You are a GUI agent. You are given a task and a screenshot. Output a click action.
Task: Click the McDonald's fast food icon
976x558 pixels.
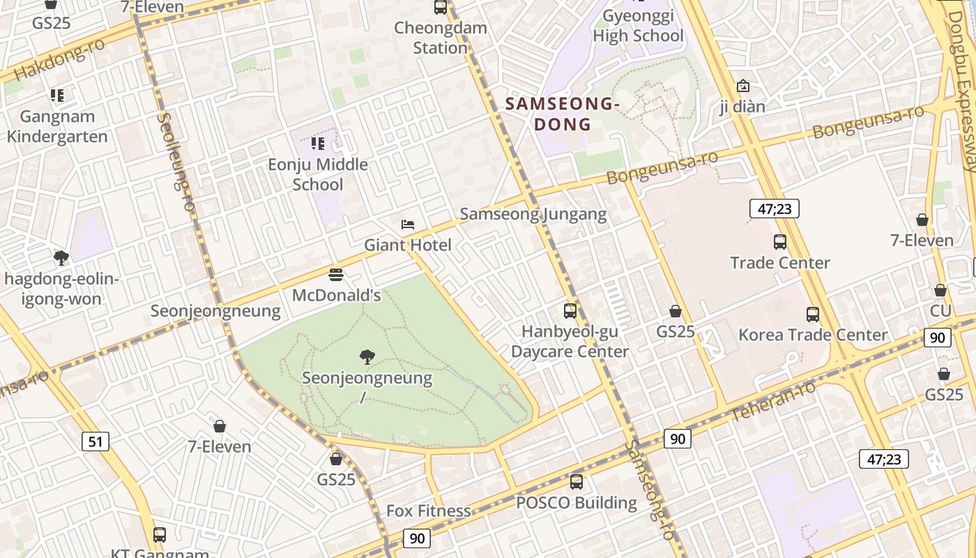(336, 275)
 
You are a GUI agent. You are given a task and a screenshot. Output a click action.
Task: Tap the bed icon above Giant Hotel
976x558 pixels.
(408, 225)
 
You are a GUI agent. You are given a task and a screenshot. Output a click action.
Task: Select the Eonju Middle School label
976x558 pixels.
(318, 174)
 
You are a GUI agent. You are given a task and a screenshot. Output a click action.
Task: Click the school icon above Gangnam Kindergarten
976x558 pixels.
(57, 96)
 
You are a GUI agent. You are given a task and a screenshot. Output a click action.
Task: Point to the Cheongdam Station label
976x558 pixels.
(440, 38)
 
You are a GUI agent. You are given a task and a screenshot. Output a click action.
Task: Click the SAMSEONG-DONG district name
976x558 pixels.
(562, 114)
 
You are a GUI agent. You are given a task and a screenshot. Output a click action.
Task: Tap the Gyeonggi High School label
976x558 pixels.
(638, 26)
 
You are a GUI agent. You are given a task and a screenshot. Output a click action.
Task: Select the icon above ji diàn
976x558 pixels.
(743, 86)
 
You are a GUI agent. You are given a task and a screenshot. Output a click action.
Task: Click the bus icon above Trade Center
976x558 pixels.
(780, 242)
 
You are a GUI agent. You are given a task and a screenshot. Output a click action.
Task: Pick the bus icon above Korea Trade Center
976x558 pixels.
(813, 315)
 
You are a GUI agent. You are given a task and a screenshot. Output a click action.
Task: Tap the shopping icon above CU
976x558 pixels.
(940, 290)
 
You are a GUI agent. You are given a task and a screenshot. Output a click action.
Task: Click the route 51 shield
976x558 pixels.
(96, 441)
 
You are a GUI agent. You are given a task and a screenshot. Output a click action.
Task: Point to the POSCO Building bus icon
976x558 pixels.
(577, 482)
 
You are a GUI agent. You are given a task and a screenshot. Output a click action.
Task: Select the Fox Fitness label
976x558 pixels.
(429, 511)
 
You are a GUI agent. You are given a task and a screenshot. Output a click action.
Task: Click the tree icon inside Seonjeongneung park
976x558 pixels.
(367, 358)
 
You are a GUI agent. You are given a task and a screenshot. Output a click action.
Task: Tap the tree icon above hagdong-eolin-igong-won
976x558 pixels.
(61, 258)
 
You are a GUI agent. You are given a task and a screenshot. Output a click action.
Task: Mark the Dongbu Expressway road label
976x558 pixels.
(963, 84)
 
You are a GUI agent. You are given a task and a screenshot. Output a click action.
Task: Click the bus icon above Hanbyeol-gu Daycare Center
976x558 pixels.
(570, 311)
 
